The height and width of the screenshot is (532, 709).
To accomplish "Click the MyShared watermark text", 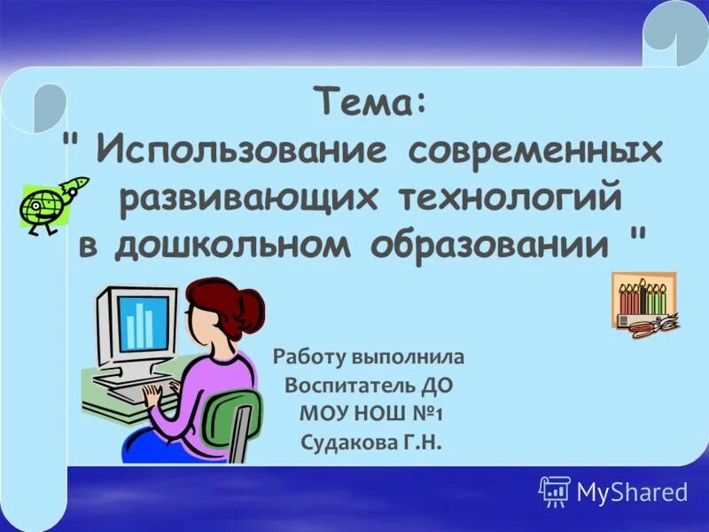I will tap(632, 492).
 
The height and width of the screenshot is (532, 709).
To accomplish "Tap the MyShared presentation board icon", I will tap(555, 490).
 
